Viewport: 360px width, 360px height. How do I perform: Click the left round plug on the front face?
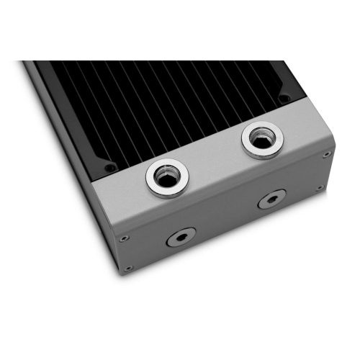tap(180, 237)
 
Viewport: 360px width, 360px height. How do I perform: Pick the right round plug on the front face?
tap(271, 199)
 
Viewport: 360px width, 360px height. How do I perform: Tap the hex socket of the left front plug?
tap(180, 237)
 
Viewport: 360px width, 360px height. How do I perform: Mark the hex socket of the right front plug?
tap(271, 199)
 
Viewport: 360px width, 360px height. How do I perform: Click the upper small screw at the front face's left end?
tap(125, 238)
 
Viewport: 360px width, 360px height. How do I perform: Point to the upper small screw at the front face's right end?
tap(327, 153)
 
